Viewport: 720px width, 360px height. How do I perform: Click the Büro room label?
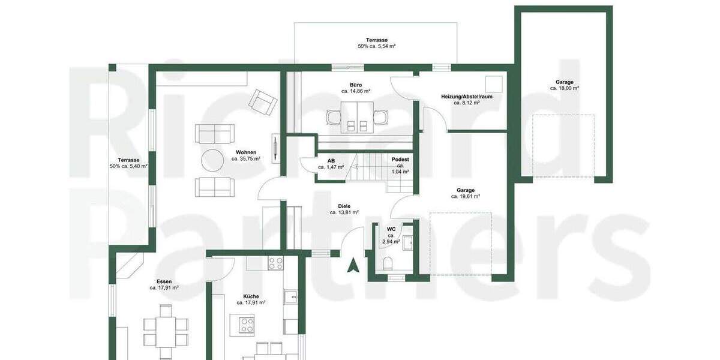click(x=356, y=85)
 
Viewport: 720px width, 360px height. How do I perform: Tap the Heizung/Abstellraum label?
click(x=458, y=96)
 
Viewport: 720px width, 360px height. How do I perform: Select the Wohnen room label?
click(x=245, y=152)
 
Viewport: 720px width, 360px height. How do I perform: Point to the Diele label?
click(x=344, y=206)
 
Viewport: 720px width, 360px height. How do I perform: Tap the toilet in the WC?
click(x=388, y=262)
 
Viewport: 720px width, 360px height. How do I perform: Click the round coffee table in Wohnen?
click(x=213, y=160)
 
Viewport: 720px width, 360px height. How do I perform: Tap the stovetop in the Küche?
click(x=275, y=262)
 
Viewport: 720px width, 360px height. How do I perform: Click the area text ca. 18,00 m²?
click(x=564, y=89)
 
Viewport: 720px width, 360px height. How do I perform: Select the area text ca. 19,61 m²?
click(x=465, y=196)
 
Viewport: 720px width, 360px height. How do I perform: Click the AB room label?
click(x=331, y=160)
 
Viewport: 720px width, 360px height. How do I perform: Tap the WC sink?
click(x=407, y=242)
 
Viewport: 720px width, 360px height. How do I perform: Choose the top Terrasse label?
click(x=376, y=39)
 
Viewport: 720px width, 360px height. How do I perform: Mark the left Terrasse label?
click(x=128, y=160)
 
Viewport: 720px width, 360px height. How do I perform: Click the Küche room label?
click(x=251, y=296)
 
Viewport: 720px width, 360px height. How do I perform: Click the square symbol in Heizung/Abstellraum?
click(x=494, y=83)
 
